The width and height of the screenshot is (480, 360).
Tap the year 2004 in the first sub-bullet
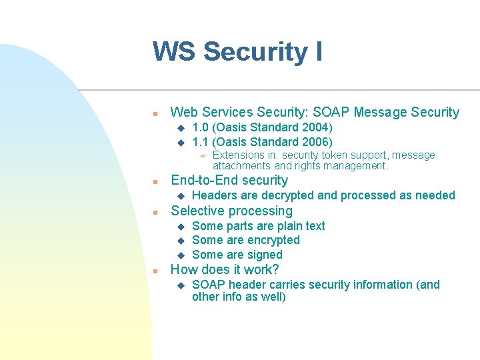[x=316, y=127]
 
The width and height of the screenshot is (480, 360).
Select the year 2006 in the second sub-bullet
[x=316, y=141]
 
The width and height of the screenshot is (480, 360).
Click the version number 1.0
[x=200, y=127]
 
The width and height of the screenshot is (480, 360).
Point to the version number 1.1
[x=200, y=141]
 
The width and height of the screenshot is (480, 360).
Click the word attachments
[x=242, y=165]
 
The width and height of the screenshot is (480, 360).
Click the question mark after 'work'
[x=275, y=269]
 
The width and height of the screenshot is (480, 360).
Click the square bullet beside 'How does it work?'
[x=154, y=271]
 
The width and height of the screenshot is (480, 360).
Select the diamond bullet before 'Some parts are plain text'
[x=179, y=227]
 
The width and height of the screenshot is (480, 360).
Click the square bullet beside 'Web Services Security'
[x=154, y=113]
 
